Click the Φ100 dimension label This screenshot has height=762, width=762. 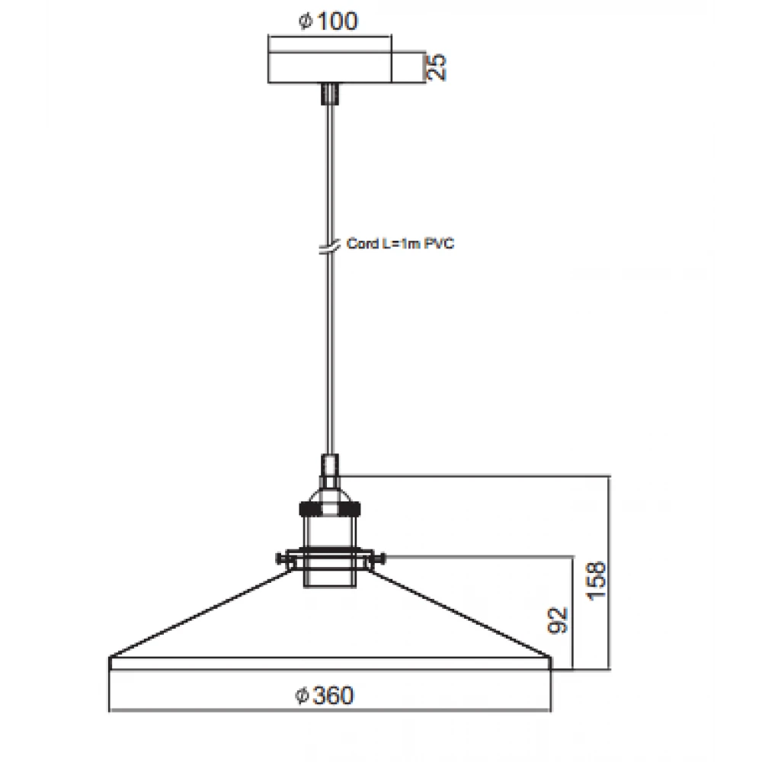tap(328, 21)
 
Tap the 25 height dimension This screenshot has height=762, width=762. tap(437, 66)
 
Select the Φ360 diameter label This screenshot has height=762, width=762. tap(325, 696)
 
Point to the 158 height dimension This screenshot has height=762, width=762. tap(597, 581)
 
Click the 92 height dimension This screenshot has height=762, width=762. tap(558, 620)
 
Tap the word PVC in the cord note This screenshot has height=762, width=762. tap(440, 243)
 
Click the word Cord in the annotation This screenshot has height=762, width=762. tap(363, 243)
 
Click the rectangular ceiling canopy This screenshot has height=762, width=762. tap(330, 66)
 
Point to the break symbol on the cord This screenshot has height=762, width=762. tap(329, 247)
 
